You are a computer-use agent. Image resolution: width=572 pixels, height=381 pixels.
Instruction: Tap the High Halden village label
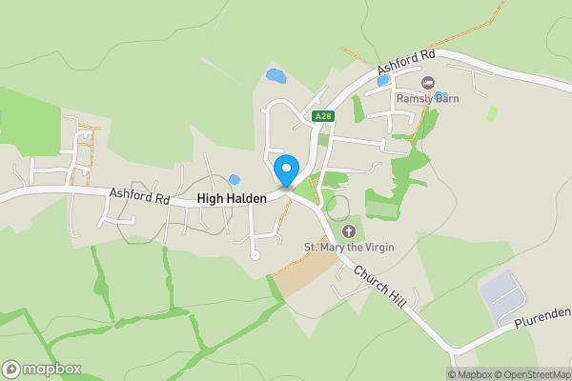tap(232, 198)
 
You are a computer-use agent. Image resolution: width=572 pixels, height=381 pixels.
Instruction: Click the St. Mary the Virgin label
tap(349, 248)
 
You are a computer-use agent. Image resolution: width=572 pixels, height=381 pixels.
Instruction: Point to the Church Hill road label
tap(380, 286)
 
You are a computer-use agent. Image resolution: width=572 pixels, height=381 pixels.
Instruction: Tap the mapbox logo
tap(42, 369)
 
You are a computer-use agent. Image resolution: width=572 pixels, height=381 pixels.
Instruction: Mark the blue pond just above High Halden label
tap(234, 179)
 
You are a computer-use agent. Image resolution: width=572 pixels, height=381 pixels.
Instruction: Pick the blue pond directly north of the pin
tap(275, 74)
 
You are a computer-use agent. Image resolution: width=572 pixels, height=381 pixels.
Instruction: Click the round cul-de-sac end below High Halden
tap(255, 255)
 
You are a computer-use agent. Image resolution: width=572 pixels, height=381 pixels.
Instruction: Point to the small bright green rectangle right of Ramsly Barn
tap(492, 112)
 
